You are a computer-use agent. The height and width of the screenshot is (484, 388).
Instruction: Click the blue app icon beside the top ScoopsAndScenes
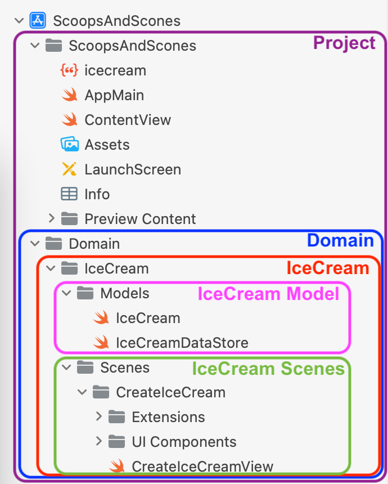pyautogui.click(x=38, y=21)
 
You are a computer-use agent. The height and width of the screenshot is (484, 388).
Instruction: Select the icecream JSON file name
pyautogui.click(x=115, y=70)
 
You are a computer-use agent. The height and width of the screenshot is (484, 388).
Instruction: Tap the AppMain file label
pyautogui.click(x=114, y=95)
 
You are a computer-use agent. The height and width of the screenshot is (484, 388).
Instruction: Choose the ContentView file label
pyautogui.click(x=128, y=120)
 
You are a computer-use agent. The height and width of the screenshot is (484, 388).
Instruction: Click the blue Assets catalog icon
pyautogui.click(x=69, y=145)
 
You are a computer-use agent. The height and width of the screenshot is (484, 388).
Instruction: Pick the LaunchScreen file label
pyautogui.click(x=133, y=169)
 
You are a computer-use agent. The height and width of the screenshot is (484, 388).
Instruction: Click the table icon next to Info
pyautogui.click(x=69, y=194)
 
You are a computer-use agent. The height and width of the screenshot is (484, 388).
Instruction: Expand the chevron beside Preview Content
pyautogui.click(x=51, y=218)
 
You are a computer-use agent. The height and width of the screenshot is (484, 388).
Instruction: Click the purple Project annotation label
pyautogui.click(x=344, y=43)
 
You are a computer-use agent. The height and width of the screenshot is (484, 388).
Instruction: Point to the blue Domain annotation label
pyautogui.click(x=340, y=241)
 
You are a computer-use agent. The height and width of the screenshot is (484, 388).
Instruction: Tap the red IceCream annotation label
pyautogui.click(x=327, y=268)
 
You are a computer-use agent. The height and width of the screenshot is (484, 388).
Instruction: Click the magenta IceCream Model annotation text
pyautogui.click(x=268, y=294)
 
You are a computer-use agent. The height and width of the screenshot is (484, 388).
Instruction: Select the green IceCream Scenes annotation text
pyautogui.click(x=268, y=369)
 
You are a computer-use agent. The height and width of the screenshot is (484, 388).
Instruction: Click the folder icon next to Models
pyautogui.click(x=85, y=293)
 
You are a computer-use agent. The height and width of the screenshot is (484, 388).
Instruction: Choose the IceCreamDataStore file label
pyautogui.click(x=182, y=343)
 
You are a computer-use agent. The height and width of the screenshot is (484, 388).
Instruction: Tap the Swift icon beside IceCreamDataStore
pyautogui.click(x=101, y=343)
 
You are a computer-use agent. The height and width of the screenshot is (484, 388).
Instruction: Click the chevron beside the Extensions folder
pyautogui.click(x=98, y=416)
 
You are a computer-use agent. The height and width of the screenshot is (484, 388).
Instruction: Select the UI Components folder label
pyautogui.click(x=184, y=442)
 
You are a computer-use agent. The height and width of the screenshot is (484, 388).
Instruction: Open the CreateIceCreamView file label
pyautogui.click(x=202, y=467)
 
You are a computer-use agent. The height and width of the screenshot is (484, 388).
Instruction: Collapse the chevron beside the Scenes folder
pyautogui.click(x=66, y=368)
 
